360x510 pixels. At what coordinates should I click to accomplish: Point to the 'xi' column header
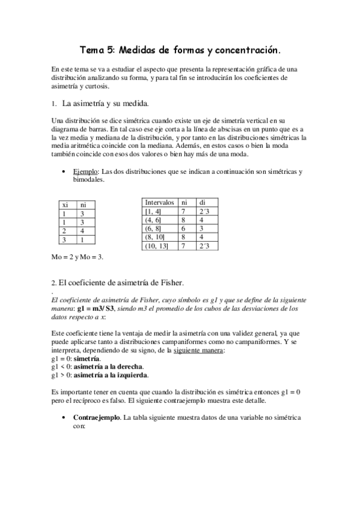[x=65, y=204]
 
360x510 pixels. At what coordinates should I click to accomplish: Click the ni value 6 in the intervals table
[x=185, y=229]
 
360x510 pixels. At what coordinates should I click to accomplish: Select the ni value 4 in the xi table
[x=83, y=230]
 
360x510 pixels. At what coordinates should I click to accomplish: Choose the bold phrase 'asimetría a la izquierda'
[x=108, y=375]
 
